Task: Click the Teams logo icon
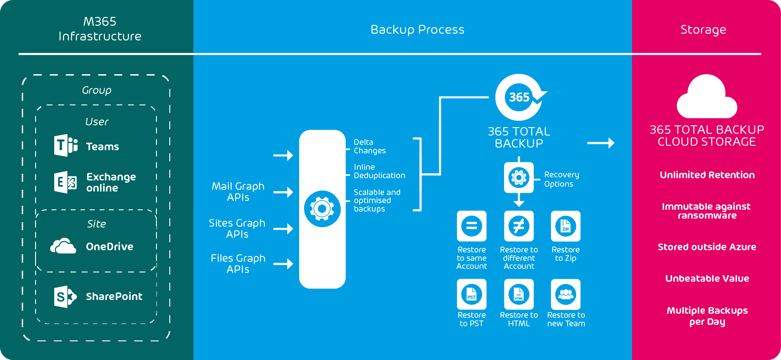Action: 66,145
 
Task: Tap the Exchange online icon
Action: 65,182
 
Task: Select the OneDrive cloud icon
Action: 63,246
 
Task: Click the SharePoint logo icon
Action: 65,296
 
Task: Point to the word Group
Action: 96,90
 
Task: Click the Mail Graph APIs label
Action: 238,192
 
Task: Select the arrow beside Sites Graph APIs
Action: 283,229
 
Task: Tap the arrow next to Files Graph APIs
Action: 283,264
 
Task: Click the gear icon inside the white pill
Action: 322,209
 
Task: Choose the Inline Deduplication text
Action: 379,171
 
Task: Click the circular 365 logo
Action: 519,97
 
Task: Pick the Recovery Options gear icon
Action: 519,178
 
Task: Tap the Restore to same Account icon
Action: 472,226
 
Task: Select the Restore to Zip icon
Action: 565,226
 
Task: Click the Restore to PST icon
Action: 472,294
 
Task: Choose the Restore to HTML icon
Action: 519,294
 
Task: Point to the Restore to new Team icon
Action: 565,294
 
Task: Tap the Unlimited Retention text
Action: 707,175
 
